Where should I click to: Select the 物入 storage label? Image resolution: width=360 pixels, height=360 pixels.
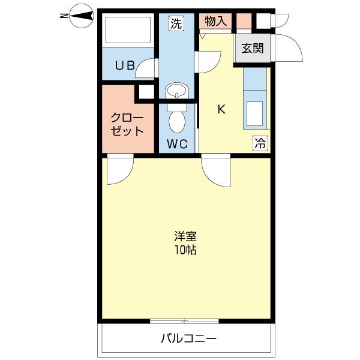coord(215,22)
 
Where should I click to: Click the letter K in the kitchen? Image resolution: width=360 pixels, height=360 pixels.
coord(221,110)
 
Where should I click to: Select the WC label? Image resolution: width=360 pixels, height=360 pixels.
coord(177,144)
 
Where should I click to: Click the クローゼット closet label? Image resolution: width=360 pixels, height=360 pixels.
coord(127,124)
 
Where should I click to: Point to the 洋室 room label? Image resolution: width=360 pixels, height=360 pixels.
coord(186,236)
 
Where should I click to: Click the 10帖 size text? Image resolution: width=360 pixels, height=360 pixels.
coord(186,250)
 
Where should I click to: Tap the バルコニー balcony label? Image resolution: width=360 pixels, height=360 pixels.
coord(188,338)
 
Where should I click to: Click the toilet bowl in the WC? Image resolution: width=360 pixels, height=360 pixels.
coord(177,121)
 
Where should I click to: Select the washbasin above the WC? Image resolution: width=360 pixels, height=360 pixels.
coord(176,92)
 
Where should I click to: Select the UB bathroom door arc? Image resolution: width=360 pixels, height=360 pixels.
coord(147,68)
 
